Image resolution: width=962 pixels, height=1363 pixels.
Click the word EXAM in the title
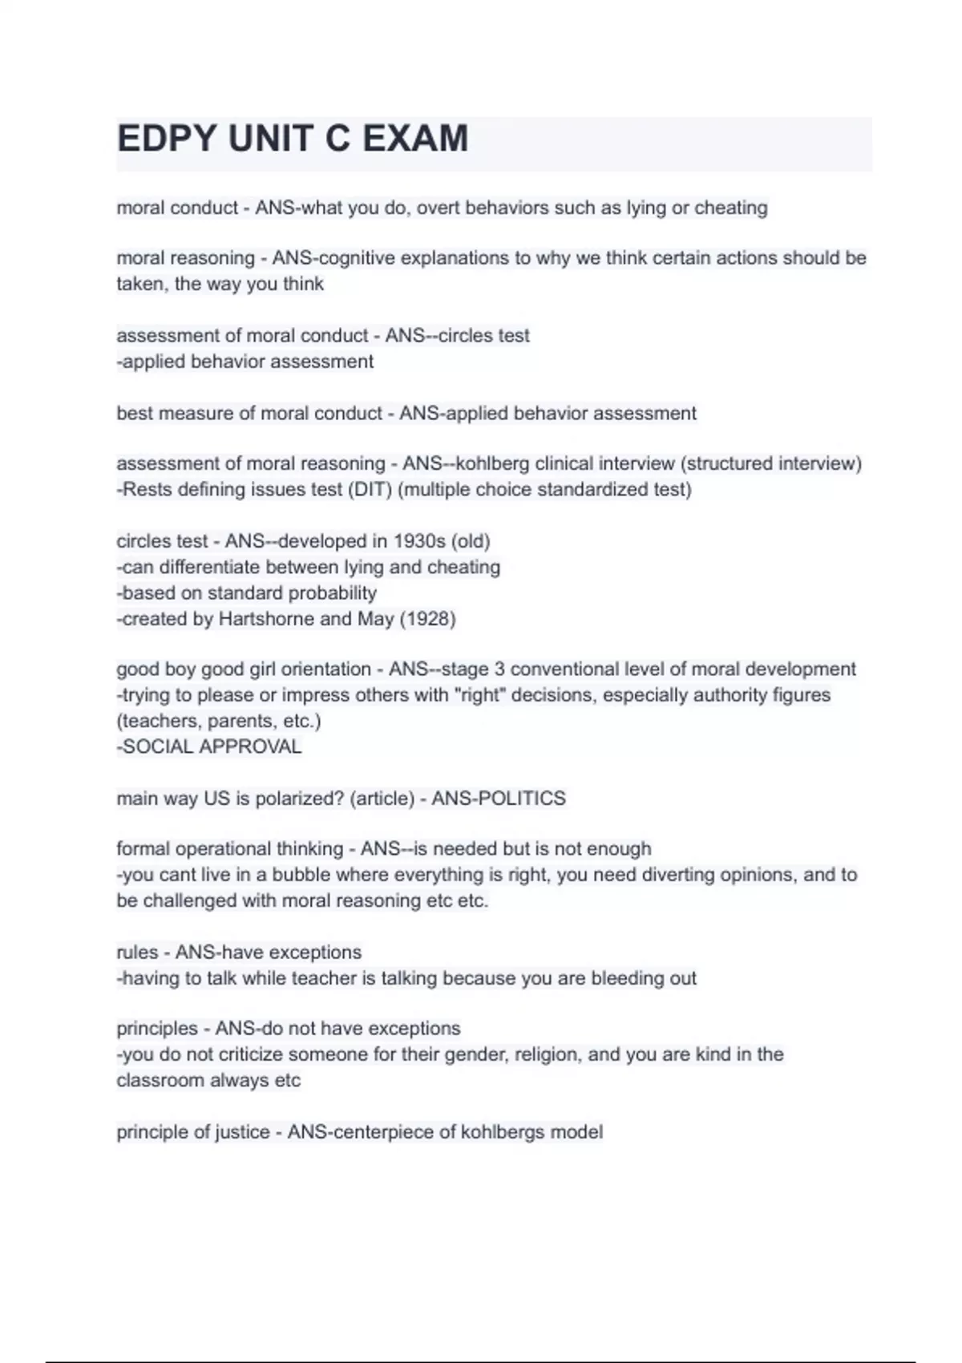(x=415, y=139)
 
